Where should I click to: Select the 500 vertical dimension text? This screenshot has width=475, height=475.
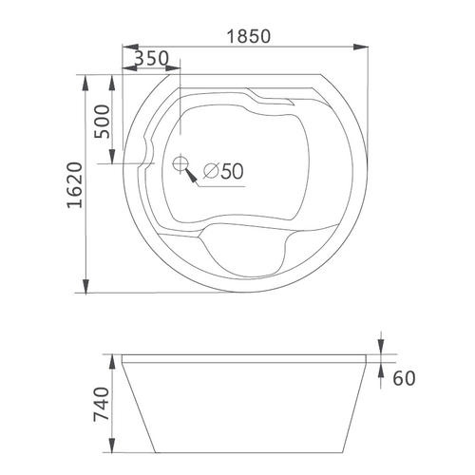tap(105, 121)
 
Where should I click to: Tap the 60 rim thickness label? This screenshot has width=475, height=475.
tap(404, 378)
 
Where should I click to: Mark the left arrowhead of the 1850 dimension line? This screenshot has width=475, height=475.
tap(130, 47)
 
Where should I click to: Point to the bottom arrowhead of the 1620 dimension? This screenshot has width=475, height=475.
tap(85, 288)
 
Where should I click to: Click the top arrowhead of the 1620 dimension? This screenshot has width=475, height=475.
tap(85, 78)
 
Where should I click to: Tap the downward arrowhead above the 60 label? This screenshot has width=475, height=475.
tap(380, 351)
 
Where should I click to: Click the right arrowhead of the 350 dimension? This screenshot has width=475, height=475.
tap(174, 68)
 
